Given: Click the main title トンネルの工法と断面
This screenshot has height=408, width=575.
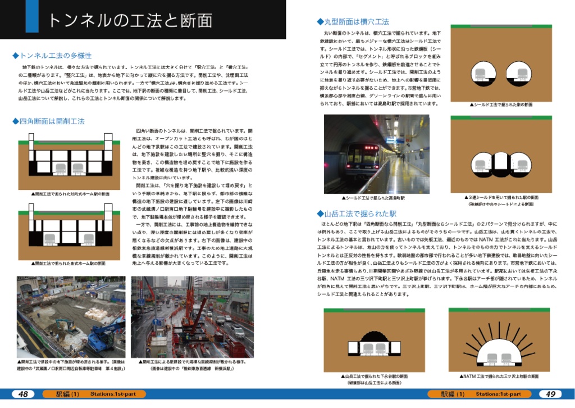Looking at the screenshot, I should pyautogui.click(x=130, y=20).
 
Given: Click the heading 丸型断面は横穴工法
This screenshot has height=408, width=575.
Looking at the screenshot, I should pyautogui.click(x=353, y=22).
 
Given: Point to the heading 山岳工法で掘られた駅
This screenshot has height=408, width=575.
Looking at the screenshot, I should pyautogui.click(x=357, y=214).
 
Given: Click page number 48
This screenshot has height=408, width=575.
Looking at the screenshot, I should pyautogui.click(x=23, y=394).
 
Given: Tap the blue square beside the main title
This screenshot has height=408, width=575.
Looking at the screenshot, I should pyautogui.click(x=31, y=16).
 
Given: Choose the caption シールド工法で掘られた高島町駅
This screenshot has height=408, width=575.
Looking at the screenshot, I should pyautogui.click(x=373, y=198).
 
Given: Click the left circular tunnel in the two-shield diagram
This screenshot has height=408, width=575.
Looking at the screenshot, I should pyautogui.click(x=480, y=72).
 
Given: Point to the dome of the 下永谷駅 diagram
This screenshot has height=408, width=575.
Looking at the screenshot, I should pyautogui.click(x=374, y=337).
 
